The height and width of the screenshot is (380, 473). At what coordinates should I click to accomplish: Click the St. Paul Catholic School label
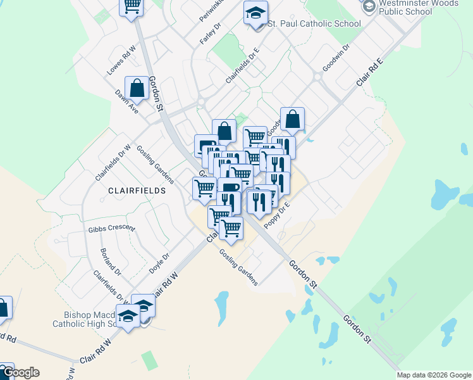(x=314, y=24)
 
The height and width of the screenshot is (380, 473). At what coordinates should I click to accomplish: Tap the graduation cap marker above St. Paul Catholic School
(x=255, y=13)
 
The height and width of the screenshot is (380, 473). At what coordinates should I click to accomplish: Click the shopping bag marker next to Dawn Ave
(x=137, y=89)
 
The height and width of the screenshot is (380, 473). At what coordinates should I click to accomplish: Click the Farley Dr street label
(x=210, y=34)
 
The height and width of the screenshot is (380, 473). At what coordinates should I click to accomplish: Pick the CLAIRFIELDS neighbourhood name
(x=137, y=190)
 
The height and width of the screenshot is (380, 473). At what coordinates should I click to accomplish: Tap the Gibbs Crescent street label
(x=112, y=228)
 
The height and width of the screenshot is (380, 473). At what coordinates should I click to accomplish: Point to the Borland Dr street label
(x=110, y=262)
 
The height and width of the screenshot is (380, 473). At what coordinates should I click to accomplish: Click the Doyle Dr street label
(x=159, y=264)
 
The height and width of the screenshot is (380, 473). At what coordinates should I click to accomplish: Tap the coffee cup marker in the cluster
(x=229, y=187)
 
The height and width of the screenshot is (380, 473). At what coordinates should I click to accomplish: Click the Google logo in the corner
(x=20, y=372)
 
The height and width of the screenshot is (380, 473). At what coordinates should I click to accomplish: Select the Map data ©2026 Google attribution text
(x=433, y=375)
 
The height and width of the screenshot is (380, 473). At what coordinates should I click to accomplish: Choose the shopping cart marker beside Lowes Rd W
(x=132, y=6)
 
